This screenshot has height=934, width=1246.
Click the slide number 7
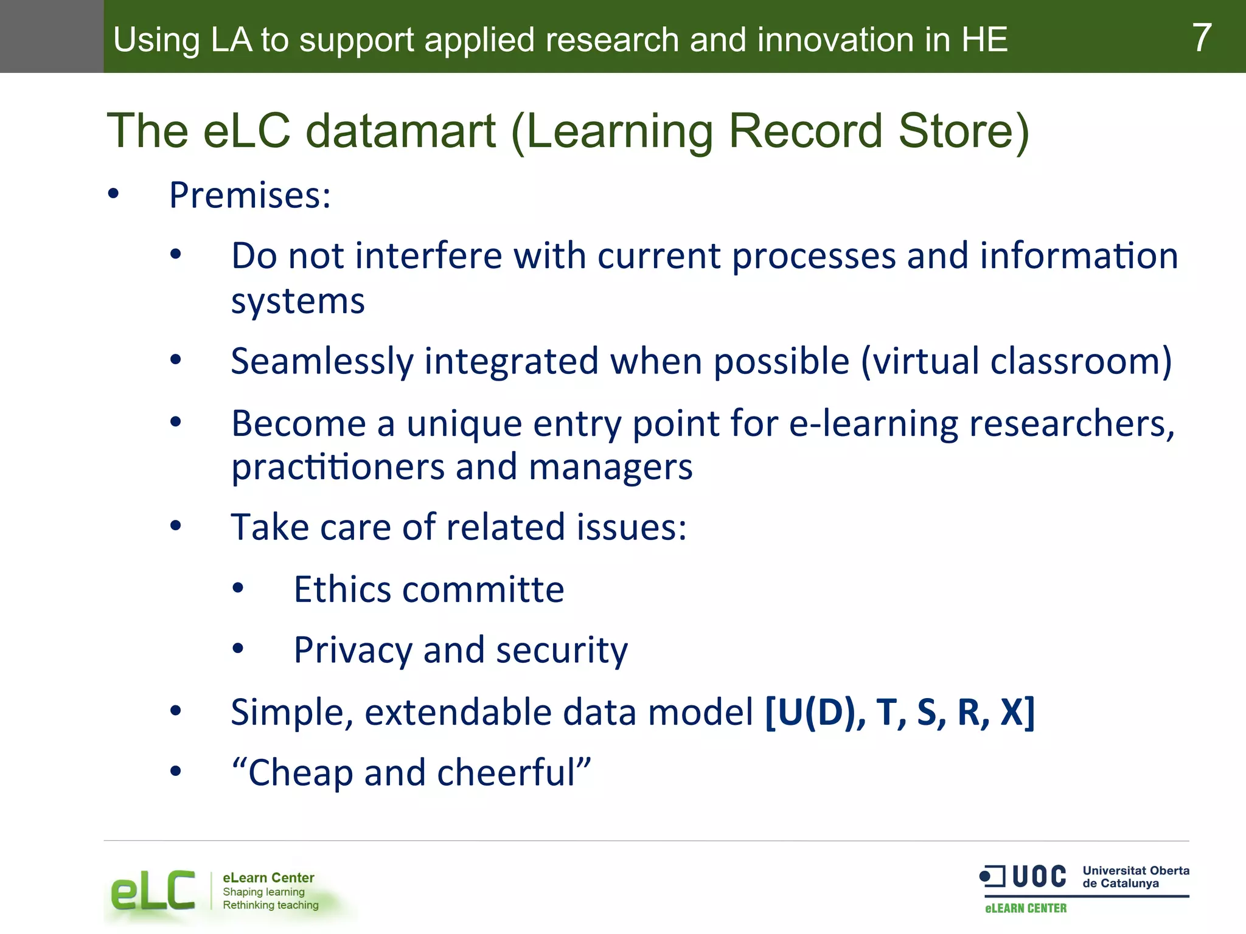pos(1201,38)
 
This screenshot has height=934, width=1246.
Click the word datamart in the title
pos(400,131)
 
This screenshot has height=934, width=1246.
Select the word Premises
pos(249,196)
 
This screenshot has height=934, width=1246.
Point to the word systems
pos(298,302)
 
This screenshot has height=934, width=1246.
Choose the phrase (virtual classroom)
pos(1015,362)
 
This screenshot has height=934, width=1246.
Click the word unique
pos(464,423)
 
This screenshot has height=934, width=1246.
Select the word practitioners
pos(338,467)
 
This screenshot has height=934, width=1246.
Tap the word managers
pos(610,468)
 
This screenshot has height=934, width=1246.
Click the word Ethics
pos(342,589)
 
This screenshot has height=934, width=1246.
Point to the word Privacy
pos(352,651)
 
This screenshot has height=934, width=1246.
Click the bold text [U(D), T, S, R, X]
pos(899,712)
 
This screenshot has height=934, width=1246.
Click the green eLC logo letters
pos(153,891)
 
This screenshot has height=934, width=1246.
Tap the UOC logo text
pos(1039,877)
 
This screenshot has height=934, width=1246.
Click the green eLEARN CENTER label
pos(1026,908)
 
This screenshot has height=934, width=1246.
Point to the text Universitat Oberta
pos(1135,870)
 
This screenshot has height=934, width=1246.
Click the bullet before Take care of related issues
pos(176,526)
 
